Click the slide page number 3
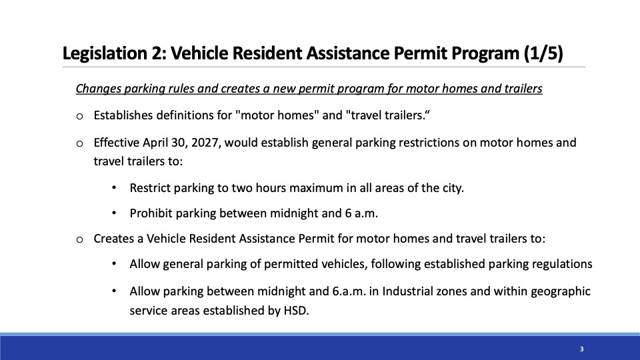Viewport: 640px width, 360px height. click(581, 349)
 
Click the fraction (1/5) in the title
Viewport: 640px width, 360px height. click(543, 53)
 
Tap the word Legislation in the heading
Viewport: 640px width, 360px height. click(104, 53)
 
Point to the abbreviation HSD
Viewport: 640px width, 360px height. click(296, 311)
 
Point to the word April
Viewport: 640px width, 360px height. click(152, 143)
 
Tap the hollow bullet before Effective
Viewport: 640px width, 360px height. click(79, 144)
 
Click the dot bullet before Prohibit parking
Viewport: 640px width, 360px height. click(114, 213)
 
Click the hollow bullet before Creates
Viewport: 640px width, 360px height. click(79, 239)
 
